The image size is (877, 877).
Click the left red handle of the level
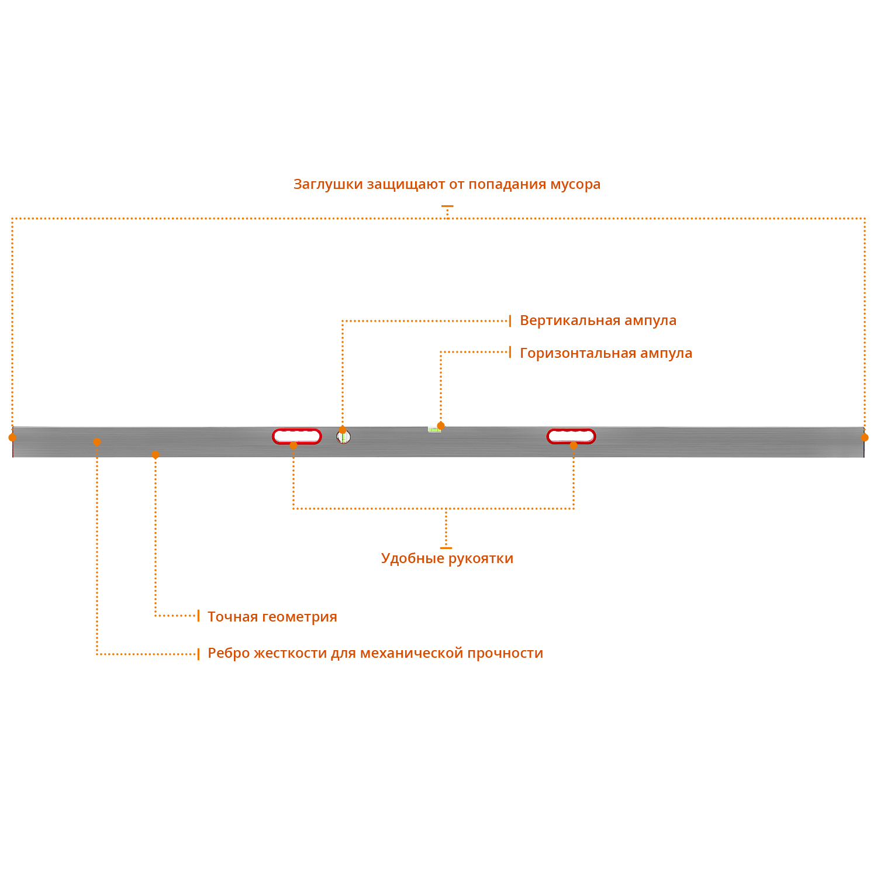tap(297, 436)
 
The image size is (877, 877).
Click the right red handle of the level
tap(571, 436)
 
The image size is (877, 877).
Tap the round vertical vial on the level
tap(343, 437)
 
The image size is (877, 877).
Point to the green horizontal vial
tap(434, 430)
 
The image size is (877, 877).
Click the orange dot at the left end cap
tap(12, 437)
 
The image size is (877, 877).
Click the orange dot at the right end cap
tap(865, 437)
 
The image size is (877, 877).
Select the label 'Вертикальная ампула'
tap(598, 320)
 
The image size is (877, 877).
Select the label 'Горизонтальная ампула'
tap(606, 353)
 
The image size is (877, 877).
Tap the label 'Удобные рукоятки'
tap(447, 558)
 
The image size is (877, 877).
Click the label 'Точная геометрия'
tap(272, 617)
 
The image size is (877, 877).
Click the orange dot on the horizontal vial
tap(441, 426)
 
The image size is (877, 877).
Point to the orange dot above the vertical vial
tap(343, 430)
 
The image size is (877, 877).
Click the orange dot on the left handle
tap(294, 446)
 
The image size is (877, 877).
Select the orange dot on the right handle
tap(574, 446)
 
